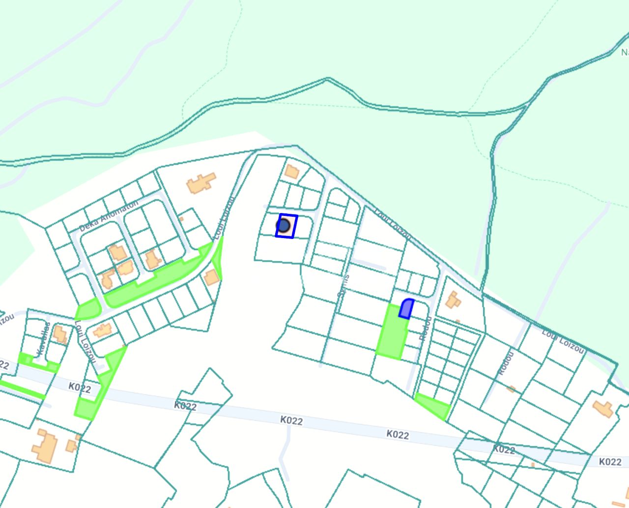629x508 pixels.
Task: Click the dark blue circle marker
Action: point(283,226)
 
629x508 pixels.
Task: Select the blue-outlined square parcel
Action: point(287,226)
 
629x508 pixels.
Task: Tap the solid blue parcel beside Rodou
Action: point(406,308)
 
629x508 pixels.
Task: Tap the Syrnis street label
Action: point(343,285)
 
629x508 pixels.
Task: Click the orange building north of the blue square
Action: point(292,172)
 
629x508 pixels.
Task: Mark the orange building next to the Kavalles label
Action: point(60,334)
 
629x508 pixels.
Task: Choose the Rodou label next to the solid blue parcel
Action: point(426,328)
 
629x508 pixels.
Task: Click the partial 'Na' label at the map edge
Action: point(624,52)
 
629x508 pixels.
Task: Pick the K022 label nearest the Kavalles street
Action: point(80,388)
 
